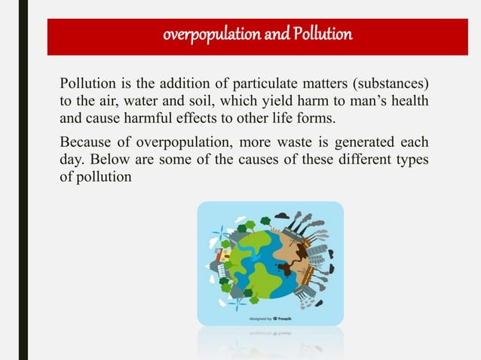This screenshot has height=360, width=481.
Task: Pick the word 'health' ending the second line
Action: click(x=411, y=100)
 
